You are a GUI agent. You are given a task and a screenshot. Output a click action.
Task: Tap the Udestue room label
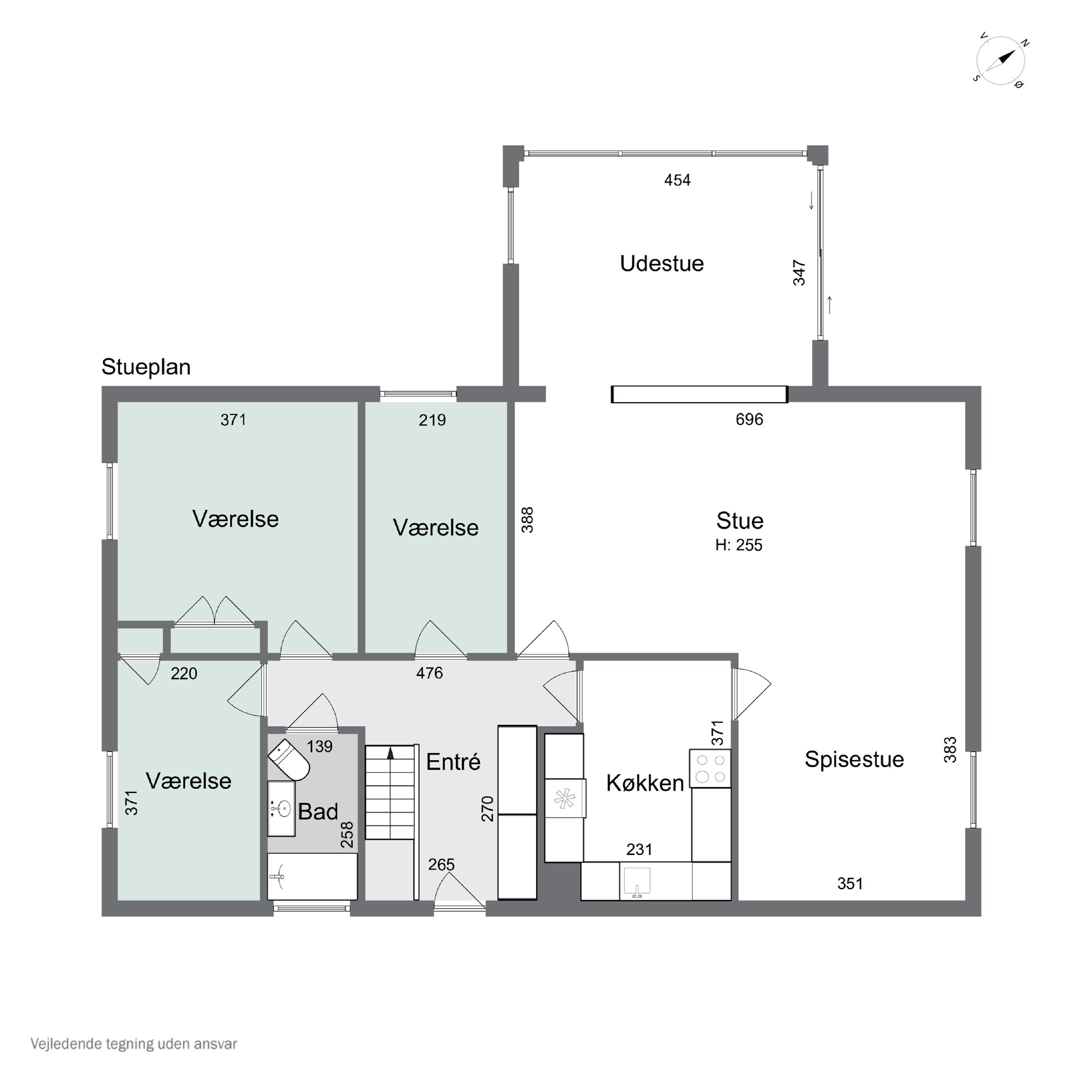pos(662,263)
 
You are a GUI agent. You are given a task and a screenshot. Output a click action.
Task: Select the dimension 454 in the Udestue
pos(677,180)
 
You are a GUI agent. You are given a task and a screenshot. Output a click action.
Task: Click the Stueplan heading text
pos(146,367)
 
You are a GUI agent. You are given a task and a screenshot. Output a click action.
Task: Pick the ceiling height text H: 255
pos(738,545)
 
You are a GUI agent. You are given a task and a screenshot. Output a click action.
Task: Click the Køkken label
pos(645,783)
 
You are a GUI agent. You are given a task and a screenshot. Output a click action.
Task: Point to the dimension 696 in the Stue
pos(749,419)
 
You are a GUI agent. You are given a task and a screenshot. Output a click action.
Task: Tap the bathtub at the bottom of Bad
pos(312,877)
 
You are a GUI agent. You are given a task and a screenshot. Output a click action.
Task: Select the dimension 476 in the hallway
pos(429,673)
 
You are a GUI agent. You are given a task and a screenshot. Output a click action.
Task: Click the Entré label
pos(453,762)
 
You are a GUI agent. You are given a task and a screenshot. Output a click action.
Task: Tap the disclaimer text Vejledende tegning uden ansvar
pos(134,1044)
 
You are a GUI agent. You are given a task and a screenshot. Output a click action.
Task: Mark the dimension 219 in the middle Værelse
pos(432,420)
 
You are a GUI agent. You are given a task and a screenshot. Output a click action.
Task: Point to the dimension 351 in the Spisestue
pos(850,883)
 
